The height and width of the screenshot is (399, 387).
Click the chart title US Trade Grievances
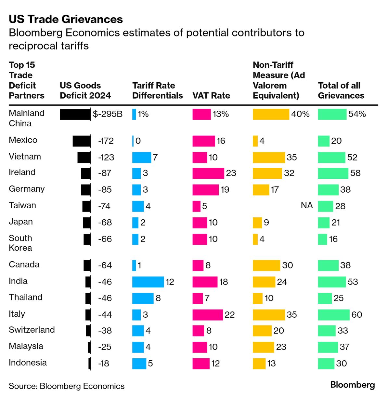[x=66, y=19]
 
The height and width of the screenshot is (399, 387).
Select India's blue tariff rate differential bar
[x=148, y=282]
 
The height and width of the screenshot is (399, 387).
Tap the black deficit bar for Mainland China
[x=75, y=114]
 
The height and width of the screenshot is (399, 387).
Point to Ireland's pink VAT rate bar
[x=208, y=173]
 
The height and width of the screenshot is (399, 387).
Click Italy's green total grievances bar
[x=334, y=314]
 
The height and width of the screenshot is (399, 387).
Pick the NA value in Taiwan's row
[x=306, y=205]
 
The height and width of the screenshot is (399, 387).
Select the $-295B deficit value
[x=108, y=114]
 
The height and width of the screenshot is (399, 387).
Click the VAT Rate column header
[x=211, y=96]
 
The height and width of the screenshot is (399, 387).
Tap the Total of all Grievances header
[x=341, y=90]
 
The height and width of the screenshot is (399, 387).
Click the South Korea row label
[x=20, y=243]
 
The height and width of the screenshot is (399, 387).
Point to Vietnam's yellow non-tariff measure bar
[x=269, y=157]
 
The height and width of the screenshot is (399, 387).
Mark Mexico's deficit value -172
[x=106, y=141]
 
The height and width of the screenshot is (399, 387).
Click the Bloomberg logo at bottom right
[x=353, y=385]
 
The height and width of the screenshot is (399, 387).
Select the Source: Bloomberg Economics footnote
[x=67, y=386]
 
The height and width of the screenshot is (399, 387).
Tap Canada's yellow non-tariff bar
[x=266, y=265]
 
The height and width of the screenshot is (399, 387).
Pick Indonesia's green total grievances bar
[x=326, y=364]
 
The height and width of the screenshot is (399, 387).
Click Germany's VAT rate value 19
[x=225, y=190]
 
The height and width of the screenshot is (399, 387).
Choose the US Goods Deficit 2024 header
[x=85, y=90]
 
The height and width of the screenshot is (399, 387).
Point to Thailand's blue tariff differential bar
[x=143, y=298]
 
